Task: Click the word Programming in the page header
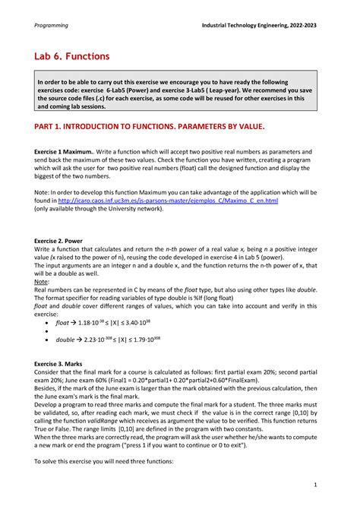click(51, 25)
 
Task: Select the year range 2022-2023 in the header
click(298, 25)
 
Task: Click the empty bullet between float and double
click(50, 332)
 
